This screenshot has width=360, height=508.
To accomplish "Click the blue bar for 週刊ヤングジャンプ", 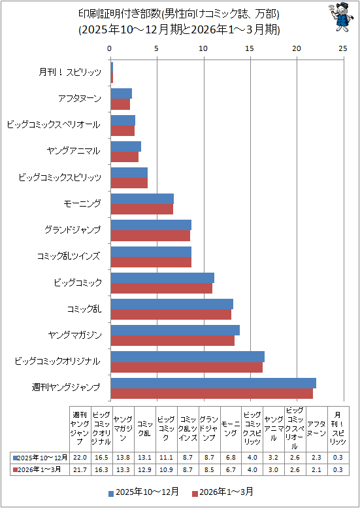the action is click(x=214, y=383).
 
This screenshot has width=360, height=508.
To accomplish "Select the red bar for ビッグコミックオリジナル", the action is click(x=186, y=367).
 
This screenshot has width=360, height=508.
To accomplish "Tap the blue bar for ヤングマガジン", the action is click(x=175, y=330).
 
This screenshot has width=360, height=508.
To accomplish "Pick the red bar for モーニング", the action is click(x=142, y=209).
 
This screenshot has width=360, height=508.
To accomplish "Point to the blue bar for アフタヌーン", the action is click(x=122, y=93).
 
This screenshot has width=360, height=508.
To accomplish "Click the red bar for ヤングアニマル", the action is click(x=125, y=156).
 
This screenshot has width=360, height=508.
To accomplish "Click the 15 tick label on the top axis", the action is click(x=251, y=48).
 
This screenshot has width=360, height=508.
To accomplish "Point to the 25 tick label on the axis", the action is click(x=343, y=48).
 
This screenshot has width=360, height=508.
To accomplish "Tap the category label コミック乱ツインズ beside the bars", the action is click(x=69, y=256).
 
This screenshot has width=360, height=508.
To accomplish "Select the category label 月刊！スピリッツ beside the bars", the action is click(x=70, y=73).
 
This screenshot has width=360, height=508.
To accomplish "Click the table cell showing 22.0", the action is click(x=80, y=458).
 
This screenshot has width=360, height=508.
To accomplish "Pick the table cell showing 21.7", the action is click(x=80, y=469).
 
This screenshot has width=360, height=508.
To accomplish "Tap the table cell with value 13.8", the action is click(x=123, y=458).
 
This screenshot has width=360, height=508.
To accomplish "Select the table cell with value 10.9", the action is click(x=167, y=469).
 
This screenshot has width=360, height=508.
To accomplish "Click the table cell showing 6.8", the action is click(x=231, y=458).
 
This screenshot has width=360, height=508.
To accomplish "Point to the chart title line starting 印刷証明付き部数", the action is click(x=179, y=14).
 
